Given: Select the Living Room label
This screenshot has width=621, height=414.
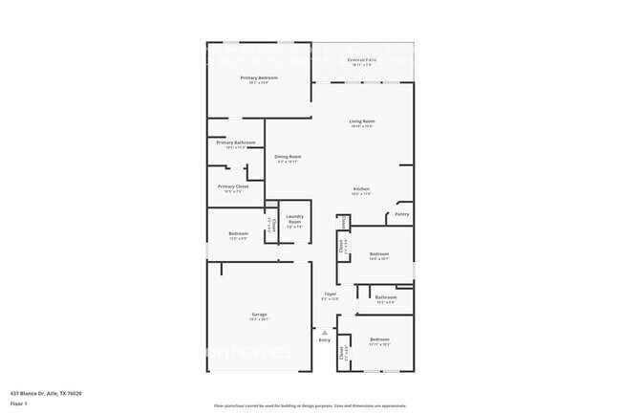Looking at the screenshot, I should [x=361, y=120].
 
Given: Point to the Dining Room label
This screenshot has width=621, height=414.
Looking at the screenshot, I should [x=289, y=157].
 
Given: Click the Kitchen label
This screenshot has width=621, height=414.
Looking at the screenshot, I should [x=361, y=188].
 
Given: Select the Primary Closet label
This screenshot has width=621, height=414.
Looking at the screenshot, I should [x=232, y=186].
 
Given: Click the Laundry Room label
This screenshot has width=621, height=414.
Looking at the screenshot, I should [x=294, y=219].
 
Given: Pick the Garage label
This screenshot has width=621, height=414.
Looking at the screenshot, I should [x=259, y=315].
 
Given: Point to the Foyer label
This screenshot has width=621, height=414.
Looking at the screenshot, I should [x=330, y=294].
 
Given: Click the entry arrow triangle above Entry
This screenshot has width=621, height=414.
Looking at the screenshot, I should [x=324, y=332].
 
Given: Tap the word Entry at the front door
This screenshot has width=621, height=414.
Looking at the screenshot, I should [x=325, y=340].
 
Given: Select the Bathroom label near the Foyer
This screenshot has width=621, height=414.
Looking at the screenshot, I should [x=385, y=297].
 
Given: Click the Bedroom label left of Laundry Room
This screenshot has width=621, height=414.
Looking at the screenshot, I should [x=238, y=233].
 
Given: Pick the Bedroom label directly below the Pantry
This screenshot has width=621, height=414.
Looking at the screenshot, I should [x=379, y=253].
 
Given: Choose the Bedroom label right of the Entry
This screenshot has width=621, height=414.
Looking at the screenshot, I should [x=379, y=339].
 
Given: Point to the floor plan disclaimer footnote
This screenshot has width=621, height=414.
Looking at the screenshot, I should [x=310, y=405].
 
